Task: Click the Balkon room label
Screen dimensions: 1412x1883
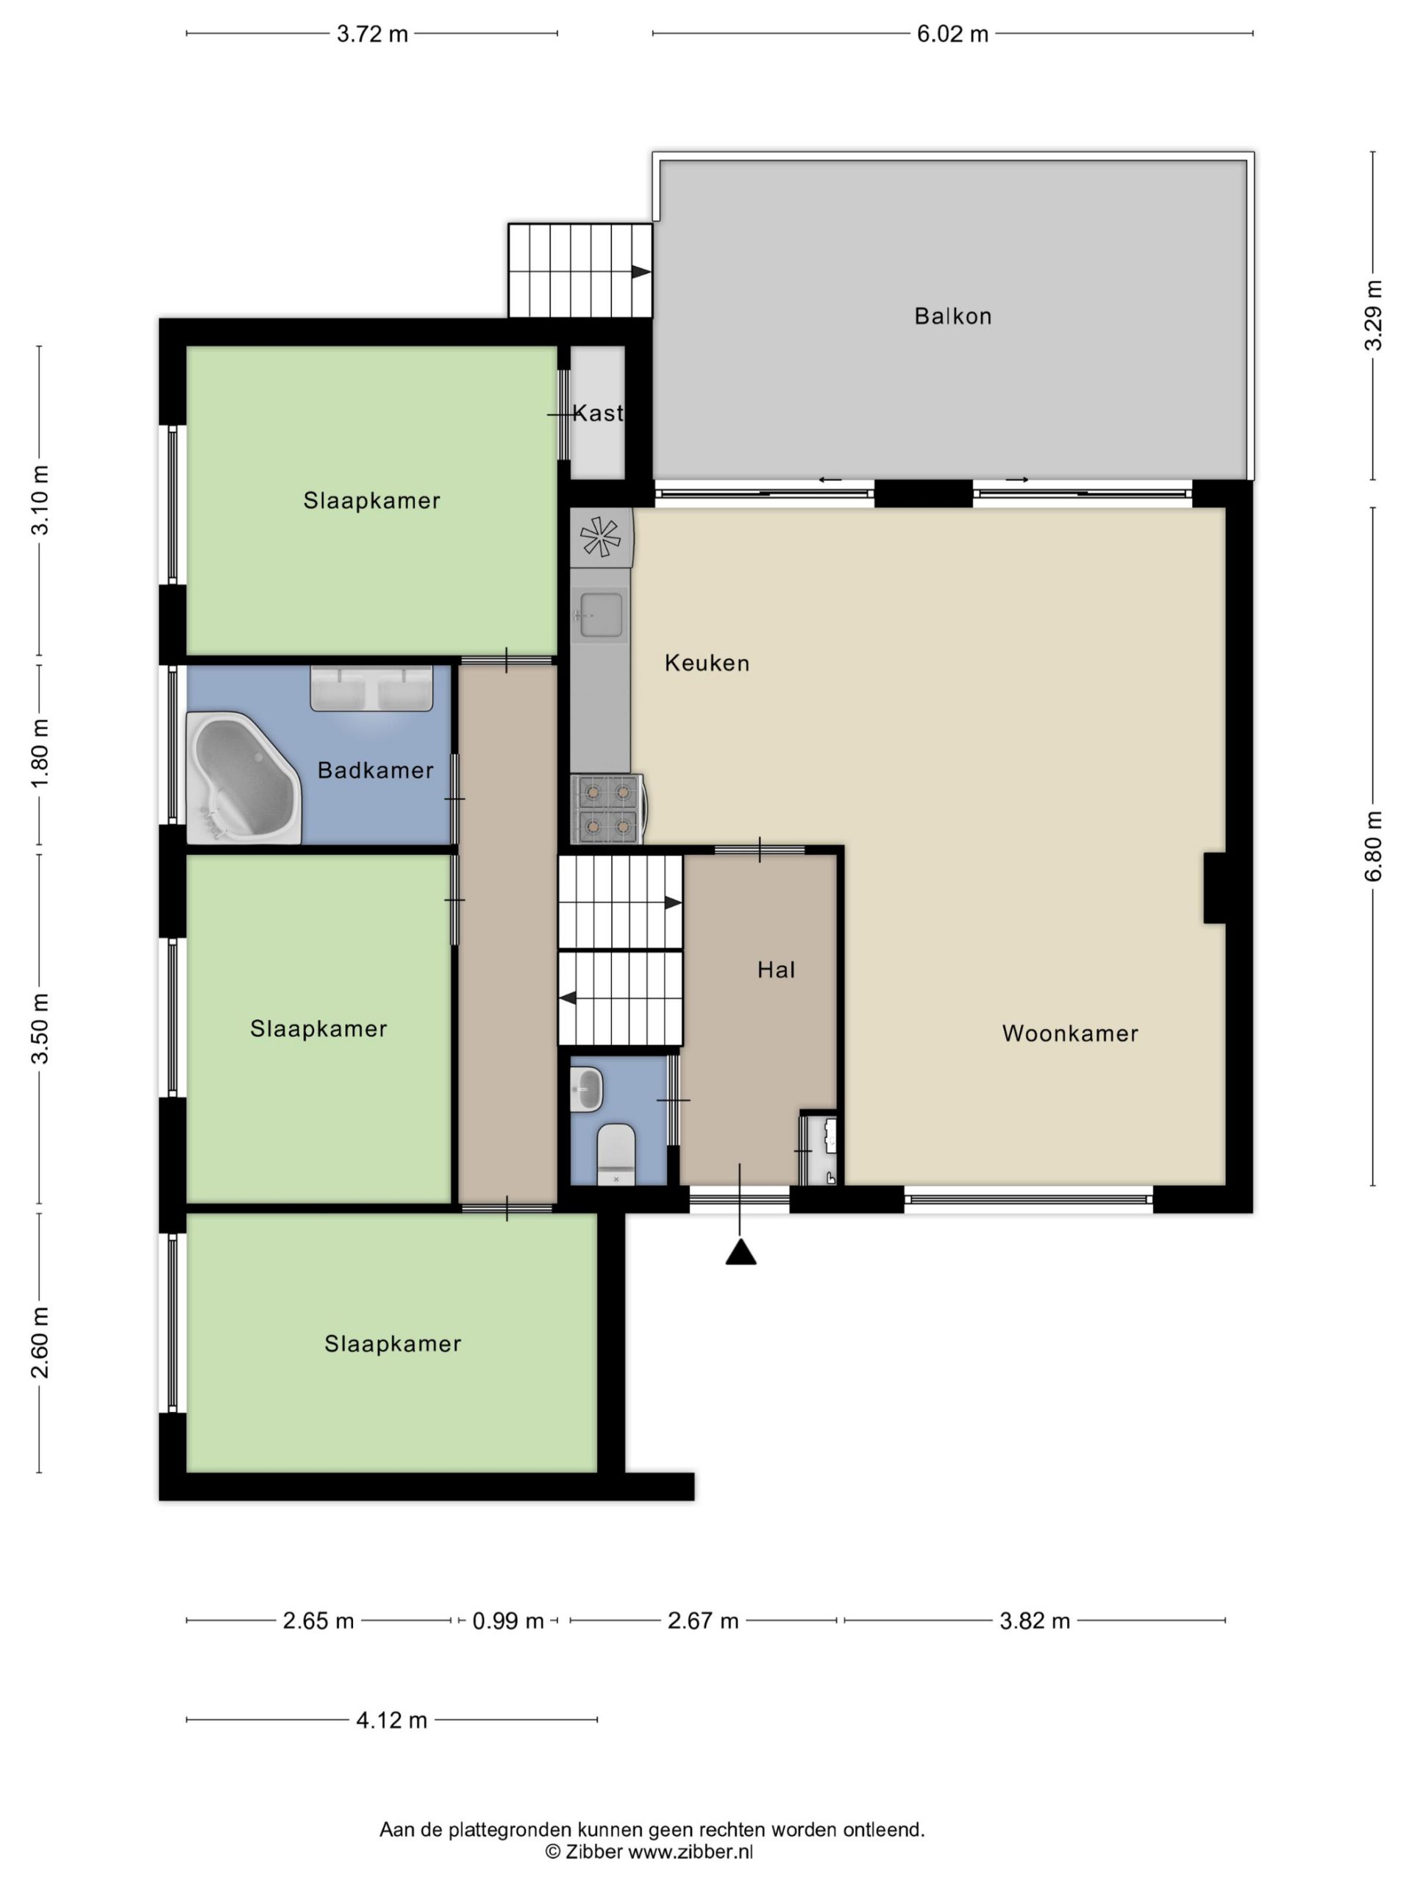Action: coord(952,317)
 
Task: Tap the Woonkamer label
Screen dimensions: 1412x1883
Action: coord(1070,1033)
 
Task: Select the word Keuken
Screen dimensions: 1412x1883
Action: coord(707,663)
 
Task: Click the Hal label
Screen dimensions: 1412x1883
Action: coord(776,969)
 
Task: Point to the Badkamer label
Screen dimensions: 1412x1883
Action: coord(375,770)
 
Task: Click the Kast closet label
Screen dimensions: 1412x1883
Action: coord(597,413)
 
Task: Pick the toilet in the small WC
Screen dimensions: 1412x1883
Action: coord(616,1153)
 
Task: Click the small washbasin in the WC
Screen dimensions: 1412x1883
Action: coord(586,1089)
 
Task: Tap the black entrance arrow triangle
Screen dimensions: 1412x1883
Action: coord(741,1252)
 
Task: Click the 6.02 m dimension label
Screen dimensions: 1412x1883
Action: coord(952,34)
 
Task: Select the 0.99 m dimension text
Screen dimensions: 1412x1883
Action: coord(508,1621)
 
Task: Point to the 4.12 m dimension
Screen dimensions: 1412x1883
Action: coord(391,1720)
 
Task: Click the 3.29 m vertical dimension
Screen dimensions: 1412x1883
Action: coord(1373,315)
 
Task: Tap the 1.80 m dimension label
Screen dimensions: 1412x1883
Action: coord(40,753)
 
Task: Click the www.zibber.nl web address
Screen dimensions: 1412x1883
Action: coord(691,1851)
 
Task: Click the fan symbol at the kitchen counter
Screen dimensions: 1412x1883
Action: coord(601,537)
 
